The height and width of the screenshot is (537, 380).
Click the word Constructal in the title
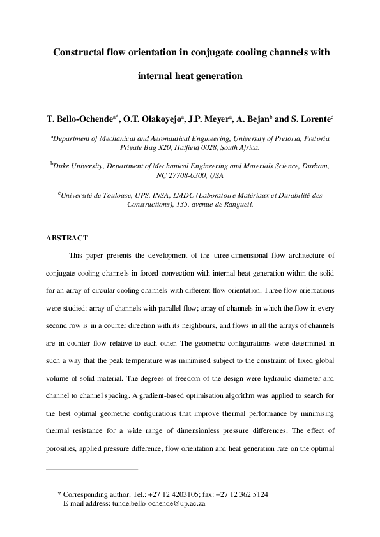[81, 53]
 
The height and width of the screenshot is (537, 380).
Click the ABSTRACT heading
[66, 238]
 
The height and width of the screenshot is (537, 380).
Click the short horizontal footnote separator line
[93, 469]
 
